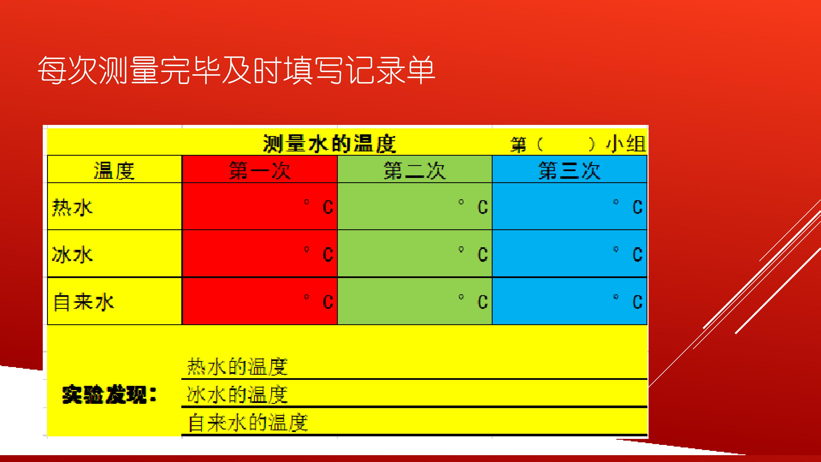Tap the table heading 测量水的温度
329,144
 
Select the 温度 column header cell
114,170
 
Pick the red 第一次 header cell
259,170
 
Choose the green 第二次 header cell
414,170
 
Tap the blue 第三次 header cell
569,170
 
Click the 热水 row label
72,207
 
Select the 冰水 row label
72,255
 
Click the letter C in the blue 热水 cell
637,207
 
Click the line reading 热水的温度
238,367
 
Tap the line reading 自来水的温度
248,423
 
